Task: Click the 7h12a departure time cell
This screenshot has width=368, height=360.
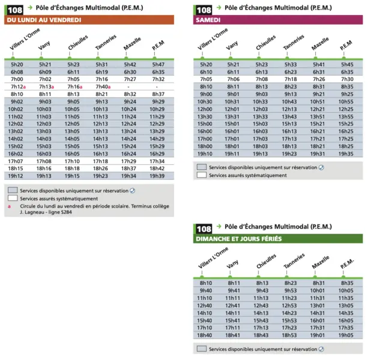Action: click(18, 87)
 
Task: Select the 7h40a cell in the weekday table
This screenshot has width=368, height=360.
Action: click(103, 87)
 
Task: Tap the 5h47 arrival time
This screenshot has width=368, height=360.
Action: click(158, 64)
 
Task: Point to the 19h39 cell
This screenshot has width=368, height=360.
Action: click(157, 176)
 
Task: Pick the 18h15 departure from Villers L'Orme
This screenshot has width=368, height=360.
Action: click(16, 169)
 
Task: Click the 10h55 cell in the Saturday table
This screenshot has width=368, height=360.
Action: click(346, 102)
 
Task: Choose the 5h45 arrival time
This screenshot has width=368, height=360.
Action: click(347, 64)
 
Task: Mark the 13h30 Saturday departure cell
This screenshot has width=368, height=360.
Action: click(205, 116)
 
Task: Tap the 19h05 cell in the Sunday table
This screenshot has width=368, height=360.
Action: click(346, 335)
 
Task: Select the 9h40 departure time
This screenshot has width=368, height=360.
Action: click(206, 290)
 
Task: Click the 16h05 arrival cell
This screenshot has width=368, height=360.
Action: click(346, 320)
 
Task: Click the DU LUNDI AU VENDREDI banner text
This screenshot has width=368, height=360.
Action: click(44, 20)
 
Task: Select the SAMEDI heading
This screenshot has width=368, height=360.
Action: click(208, 20)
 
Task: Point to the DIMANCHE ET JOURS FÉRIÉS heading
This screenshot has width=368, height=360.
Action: click(239, 239)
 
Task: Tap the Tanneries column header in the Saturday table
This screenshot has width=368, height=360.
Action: click(294, 42)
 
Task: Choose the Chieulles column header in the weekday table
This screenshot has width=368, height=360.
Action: click(78, 43)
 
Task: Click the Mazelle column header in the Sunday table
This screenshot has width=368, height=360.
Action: click(321, 262)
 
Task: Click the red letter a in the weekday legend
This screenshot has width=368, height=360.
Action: click(9, 206)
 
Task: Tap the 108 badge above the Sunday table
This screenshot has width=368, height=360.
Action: click(204, 229)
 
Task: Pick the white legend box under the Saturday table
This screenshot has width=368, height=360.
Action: click(202, 175)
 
